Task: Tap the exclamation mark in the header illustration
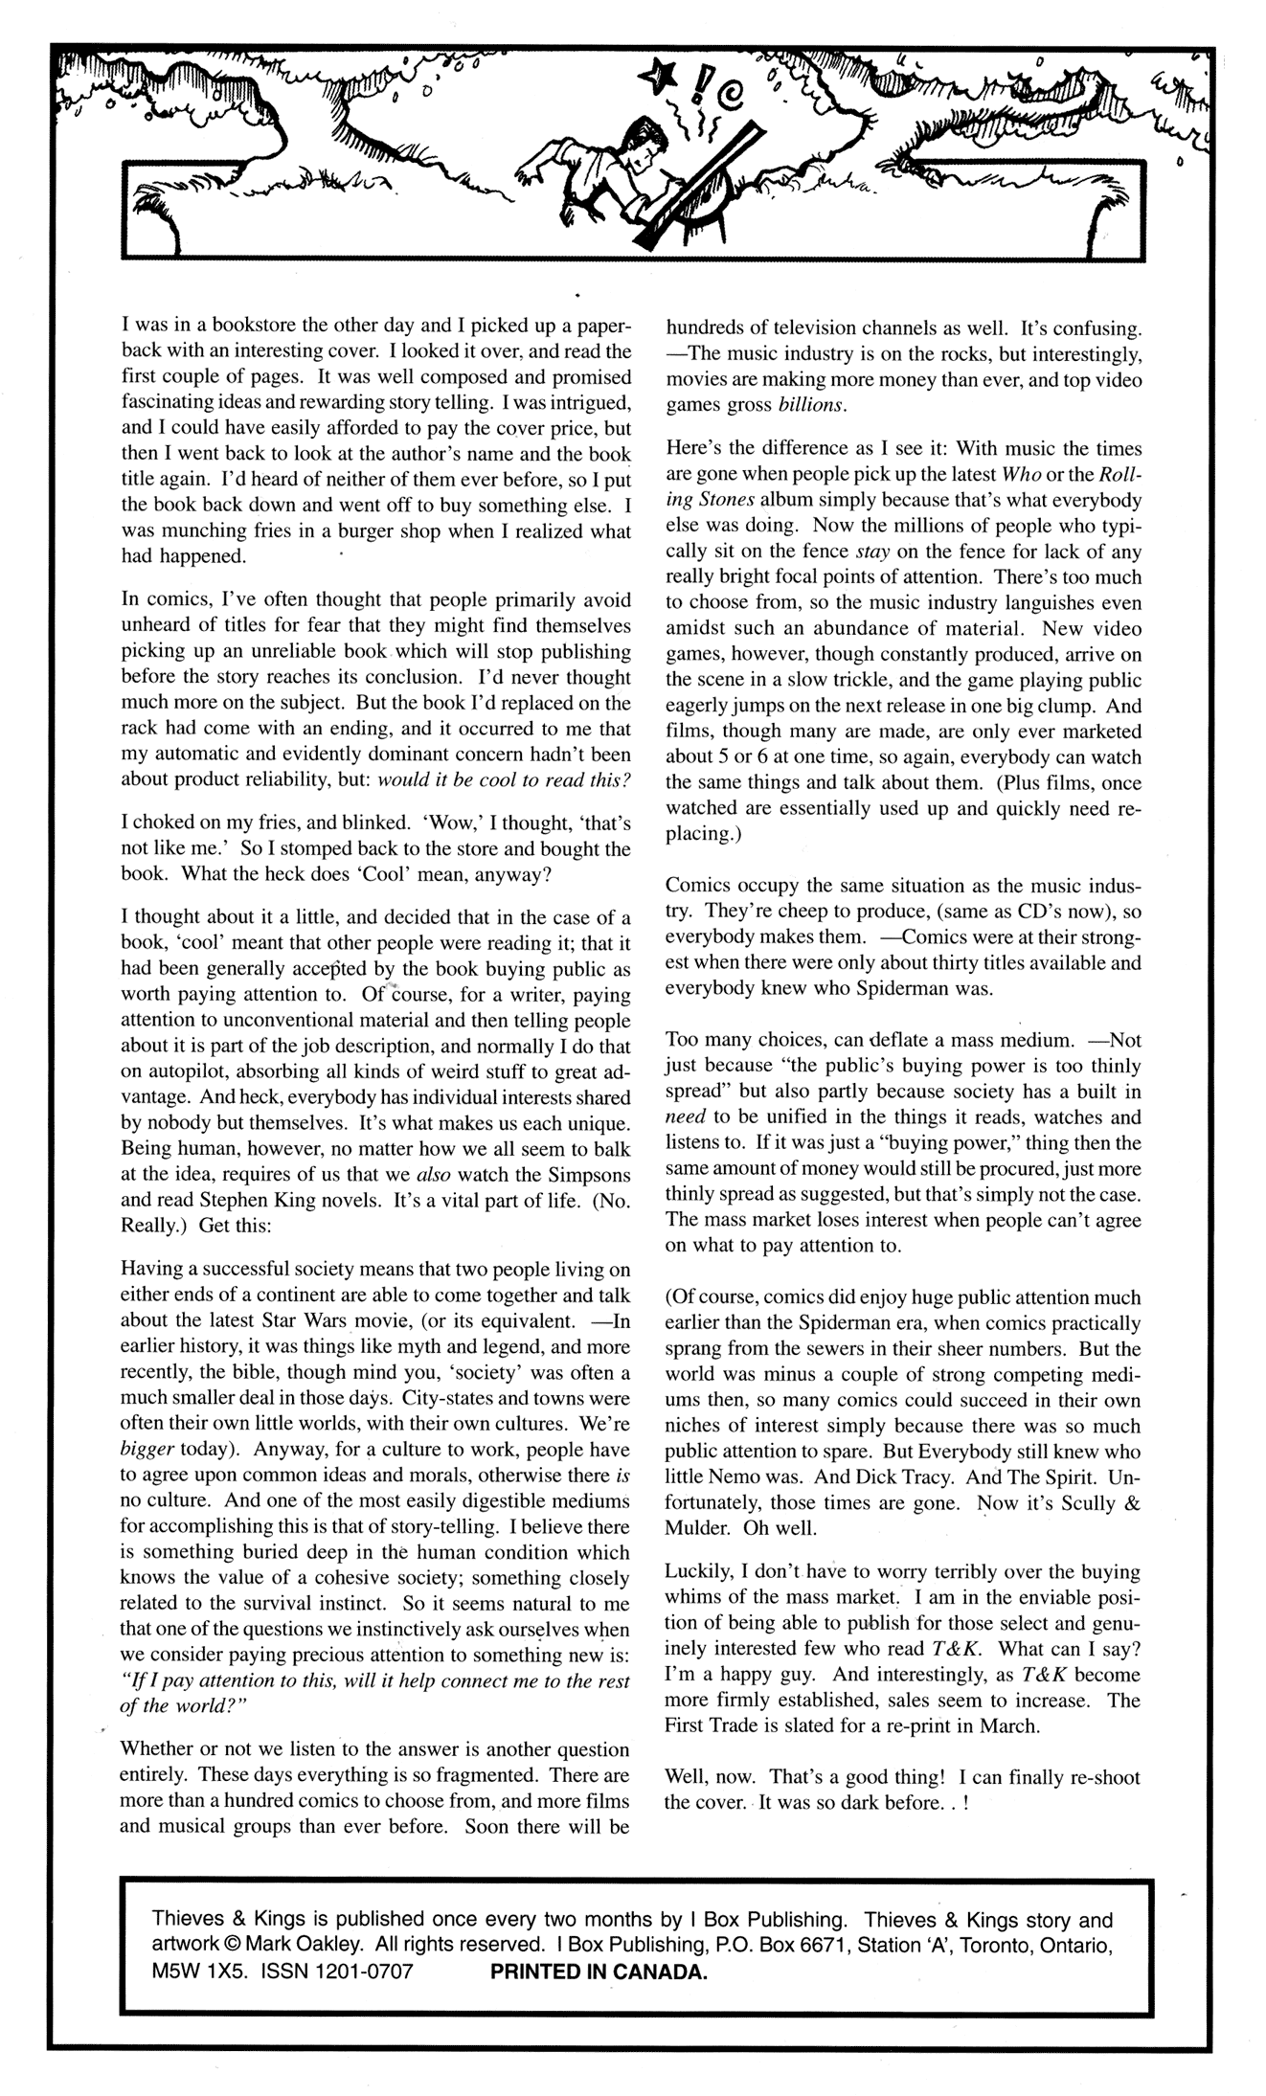(x=683, y=79)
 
